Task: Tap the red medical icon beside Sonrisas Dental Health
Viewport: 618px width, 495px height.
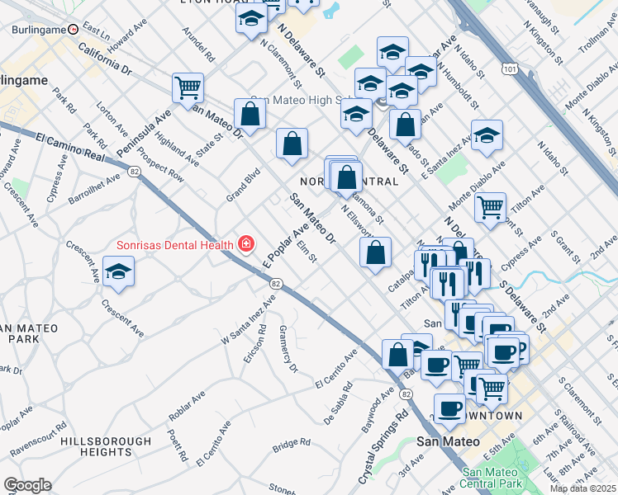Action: pos(245,243)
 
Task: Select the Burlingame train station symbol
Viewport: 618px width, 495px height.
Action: pos(74,29)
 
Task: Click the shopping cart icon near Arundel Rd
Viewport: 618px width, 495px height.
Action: pos(188,87)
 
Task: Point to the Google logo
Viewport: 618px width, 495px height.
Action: pos(27,485)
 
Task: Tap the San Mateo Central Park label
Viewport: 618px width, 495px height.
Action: pos(495,478)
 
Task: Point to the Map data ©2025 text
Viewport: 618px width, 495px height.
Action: pos(582,488)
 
